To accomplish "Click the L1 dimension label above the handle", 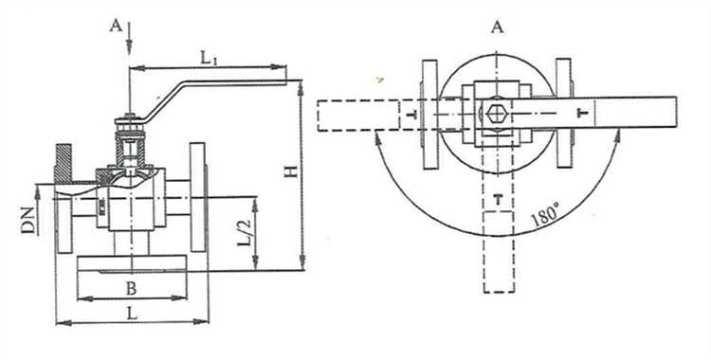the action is [x=210, y=58].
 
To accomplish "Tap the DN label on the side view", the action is [x=29, y=221].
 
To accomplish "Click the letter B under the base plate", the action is [x=131, y=289].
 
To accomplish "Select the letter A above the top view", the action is [x=498, y=27].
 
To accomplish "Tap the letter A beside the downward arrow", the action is [x=116, y=26].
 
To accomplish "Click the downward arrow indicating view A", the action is [x=129, y=38].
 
